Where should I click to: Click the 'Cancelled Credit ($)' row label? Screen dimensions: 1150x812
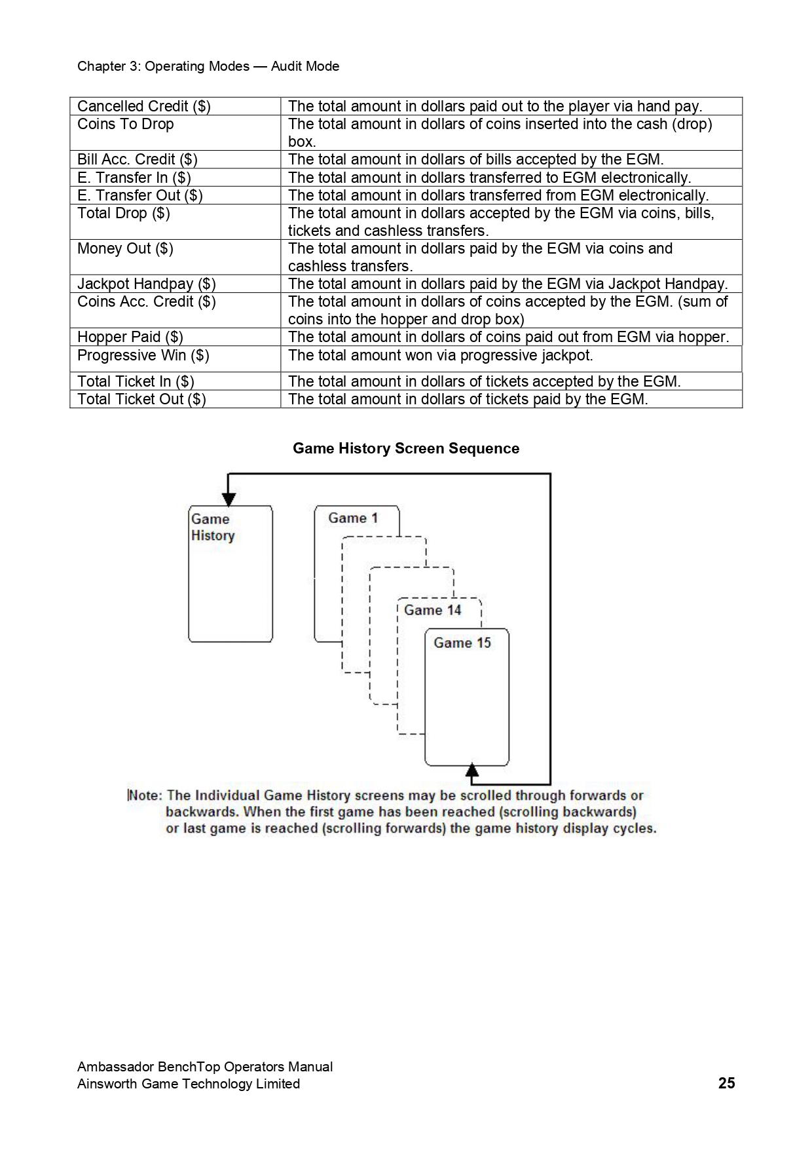pos(143,106)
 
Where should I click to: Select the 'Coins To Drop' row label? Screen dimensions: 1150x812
pos(126,125)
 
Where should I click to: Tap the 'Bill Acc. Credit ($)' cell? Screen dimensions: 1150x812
pos(138,159)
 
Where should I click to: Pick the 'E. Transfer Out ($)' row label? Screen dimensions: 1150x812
pos(140,195)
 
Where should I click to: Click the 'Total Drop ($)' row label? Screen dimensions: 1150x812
pos(124,213)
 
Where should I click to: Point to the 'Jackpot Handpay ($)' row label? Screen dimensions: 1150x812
pos(147,284)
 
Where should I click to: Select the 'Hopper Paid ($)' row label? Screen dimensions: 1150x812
pos(130,337)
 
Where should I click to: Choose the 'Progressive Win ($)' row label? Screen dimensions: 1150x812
pos(143,355)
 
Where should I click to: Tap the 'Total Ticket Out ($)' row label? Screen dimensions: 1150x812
pos(141,399)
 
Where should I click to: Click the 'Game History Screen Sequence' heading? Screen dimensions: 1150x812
pos(406,448)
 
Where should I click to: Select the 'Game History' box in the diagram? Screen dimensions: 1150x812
pos(230,573)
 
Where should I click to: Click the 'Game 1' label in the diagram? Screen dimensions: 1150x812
pos(353,518)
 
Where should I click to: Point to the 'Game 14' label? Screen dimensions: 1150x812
pos(432,610)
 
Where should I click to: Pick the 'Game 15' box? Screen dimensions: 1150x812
pos(466,697)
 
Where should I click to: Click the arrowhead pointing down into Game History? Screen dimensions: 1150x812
pos(229,499)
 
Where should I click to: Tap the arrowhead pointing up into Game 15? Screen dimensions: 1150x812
pos(471,769)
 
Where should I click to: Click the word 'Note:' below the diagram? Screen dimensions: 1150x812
pos(145,795)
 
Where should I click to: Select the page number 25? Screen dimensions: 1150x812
pos(726,1083)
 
